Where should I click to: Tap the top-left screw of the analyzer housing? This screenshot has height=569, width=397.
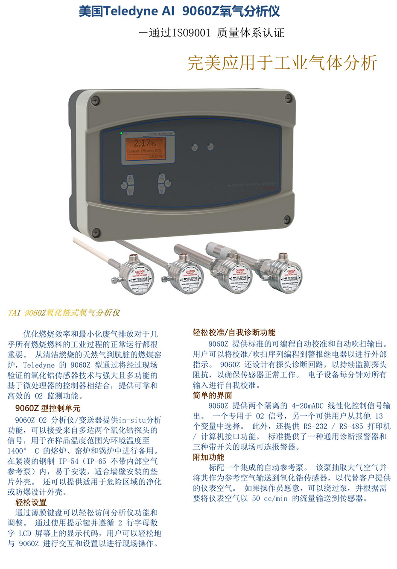tap(96, 101)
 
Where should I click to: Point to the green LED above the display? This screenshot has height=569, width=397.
tap(121, 133)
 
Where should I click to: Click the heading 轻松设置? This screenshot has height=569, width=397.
tap(31, 502)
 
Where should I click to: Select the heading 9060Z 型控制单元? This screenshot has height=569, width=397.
tap(48, 408)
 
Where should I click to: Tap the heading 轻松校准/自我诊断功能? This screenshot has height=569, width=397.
tap(234, 333)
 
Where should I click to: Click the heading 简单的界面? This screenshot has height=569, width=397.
tap(213, 395)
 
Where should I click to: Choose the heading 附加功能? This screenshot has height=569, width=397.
tap(208, 457)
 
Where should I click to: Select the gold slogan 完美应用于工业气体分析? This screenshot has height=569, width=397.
tap(282, 63)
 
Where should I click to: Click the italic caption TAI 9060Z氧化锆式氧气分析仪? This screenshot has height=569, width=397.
tap(64, 313)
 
